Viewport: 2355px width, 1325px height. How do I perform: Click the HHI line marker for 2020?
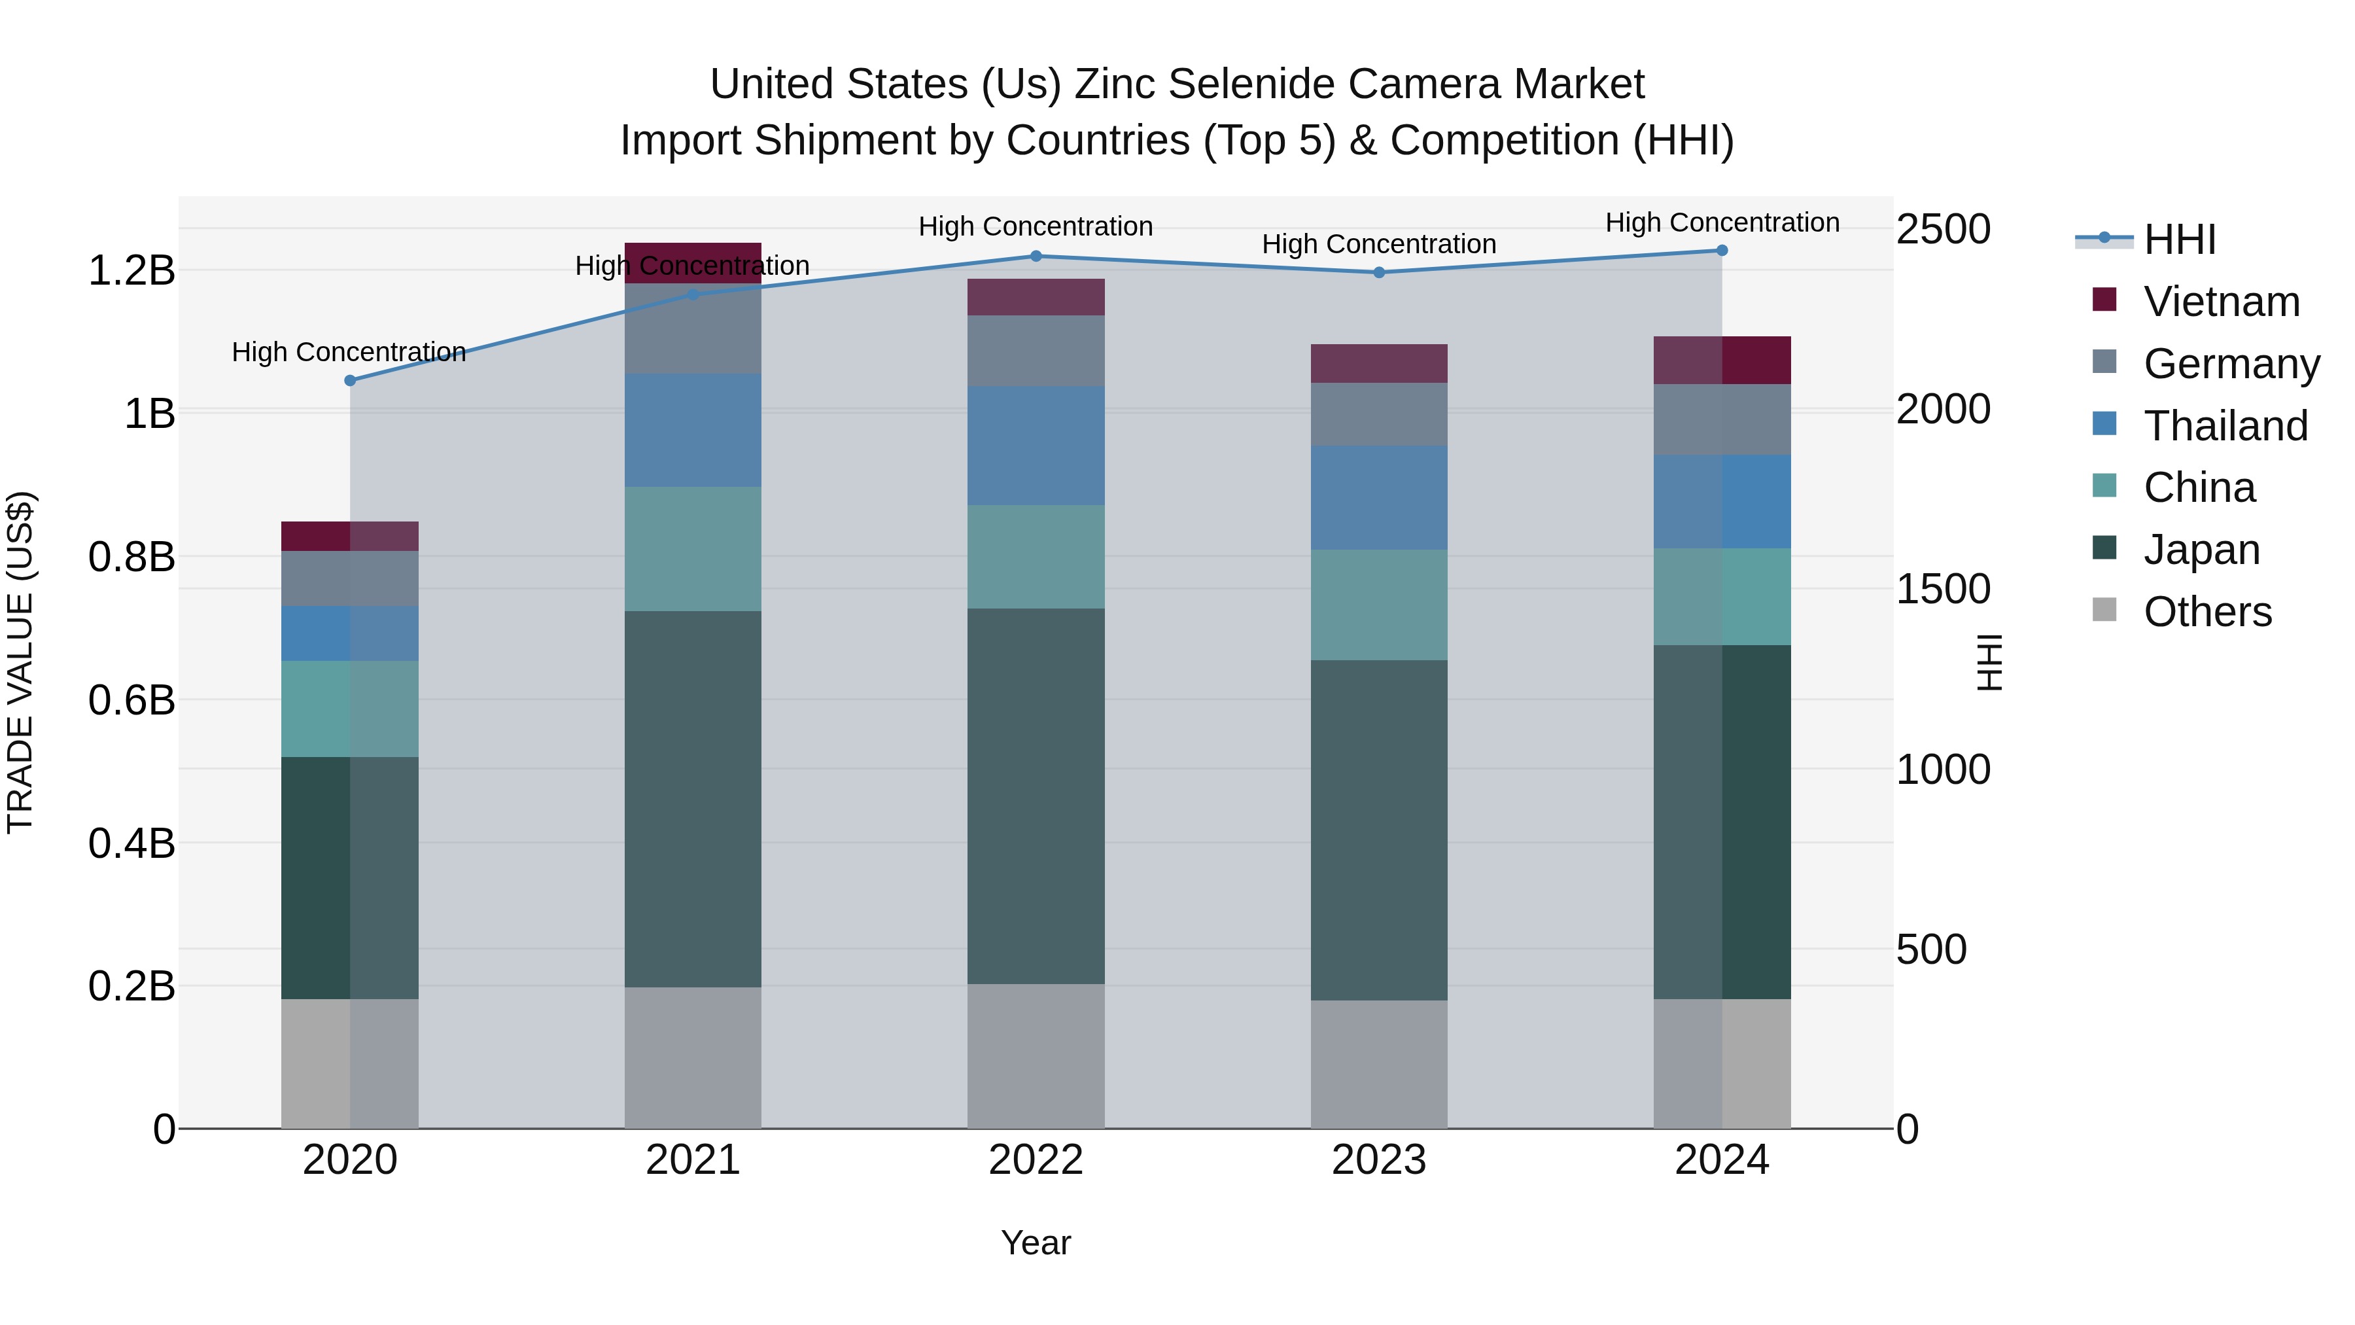click(x=350, y=380)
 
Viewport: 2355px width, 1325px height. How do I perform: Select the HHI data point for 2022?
click(x=1036, y=256)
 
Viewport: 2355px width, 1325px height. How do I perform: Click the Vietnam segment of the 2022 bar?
click(x=1036, y=297)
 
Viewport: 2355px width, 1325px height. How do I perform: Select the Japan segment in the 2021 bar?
click(x=693, y=798)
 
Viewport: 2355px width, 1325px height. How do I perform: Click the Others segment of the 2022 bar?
click(x=1036, y=1055)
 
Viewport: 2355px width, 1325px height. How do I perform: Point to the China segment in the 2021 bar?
click(x=693, y=549)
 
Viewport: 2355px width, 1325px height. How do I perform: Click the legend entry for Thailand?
click(x=2225, y=426)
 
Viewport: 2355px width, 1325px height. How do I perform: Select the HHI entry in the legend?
click(x=2180, y=239)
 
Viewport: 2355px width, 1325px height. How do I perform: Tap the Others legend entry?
click(x=2207, y=612)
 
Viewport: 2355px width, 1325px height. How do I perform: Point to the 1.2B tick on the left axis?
click(x=131, y=271)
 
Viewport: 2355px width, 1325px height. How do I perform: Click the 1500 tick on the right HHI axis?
click(x=1943, y=589)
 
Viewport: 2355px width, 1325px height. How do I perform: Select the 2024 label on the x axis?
click(x=1722, y=1160)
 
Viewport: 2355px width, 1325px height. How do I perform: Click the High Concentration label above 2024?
click(x=1722, y=222)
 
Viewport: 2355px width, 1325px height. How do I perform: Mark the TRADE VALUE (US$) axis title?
click(x=20, y=662)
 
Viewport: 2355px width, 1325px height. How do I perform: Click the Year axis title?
click(x=1036, y=1243)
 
